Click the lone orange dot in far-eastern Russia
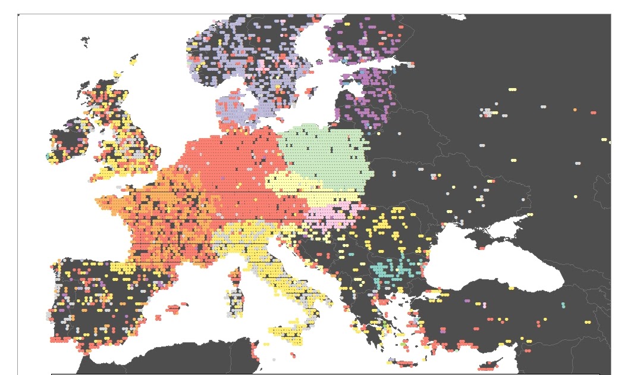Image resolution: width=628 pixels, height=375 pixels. [x=575, y=110]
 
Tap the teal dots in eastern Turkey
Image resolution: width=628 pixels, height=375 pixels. [x=563, y=305]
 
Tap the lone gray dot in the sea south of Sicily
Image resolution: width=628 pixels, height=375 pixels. [x=274, y=360]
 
